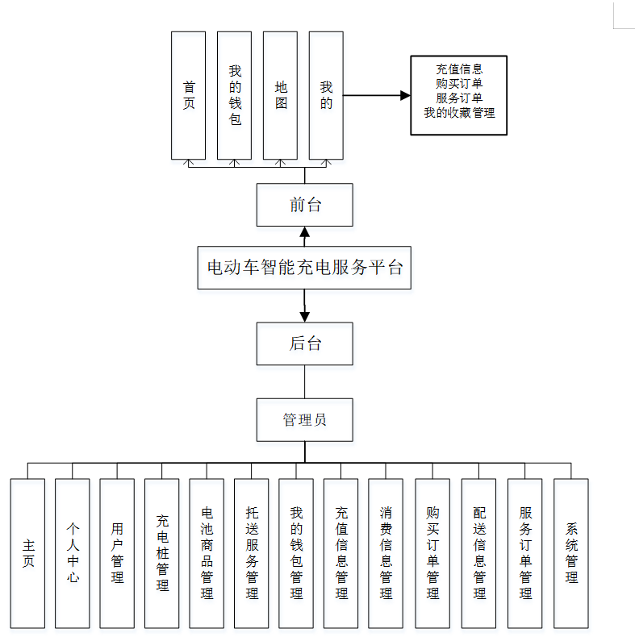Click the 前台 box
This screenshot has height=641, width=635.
[x=305, y=205]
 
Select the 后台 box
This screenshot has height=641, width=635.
[x=305, y=343]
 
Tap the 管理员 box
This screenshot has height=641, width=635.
[x=305, y=419]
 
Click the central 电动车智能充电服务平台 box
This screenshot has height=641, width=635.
[x=305, y=268]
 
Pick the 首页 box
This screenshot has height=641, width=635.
[x=189, y=95]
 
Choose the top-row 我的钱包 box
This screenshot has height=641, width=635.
[x=235, y=95]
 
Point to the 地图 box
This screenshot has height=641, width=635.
[x=281, y=95]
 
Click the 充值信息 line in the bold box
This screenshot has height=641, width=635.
[x=459, y=69]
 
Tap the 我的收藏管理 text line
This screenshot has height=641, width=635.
[x=459, y=113]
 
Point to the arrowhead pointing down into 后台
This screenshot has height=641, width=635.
[x=305, y=317]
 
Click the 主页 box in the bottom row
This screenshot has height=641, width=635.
[x=28, y=553]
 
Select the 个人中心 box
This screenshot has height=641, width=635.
[x=73, y=553]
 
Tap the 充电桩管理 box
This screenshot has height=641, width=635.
[x=162, y=553]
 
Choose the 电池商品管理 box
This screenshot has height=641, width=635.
[x=207, y=553]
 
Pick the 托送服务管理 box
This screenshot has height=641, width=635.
[x=252, y=553]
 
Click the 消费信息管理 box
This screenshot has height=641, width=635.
[x=386, y=553]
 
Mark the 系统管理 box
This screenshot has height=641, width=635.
[x=571, y=553]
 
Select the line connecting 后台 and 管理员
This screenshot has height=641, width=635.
[x=305, y=381]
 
